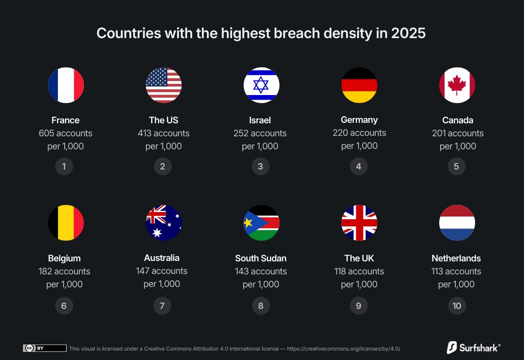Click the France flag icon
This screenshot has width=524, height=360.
click(66, 85)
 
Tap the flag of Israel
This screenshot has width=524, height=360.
click(262, 85)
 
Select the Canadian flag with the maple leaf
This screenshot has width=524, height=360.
click(457, 85)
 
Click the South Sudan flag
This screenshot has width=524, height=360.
click(262, 223)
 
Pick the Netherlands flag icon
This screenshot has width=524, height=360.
click(457, 223)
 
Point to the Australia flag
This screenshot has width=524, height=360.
click(164, 223)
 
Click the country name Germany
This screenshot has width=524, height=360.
click(359, 120)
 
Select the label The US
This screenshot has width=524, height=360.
click(163, 120)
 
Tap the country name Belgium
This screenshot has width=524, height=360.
click(64, 258)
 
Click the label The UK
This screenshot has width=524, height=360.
click(359, 258)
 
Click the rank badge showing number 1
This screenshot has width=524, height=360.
click(64, 166)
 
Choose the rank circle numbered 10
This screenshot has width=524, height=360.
click(457, 306)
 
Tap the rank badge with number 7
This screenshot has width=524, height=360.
click(162, 306)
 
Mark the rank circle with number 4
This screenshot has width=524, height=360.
click(358, 166)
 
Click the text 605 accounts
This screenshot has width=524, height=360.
click(65, 133)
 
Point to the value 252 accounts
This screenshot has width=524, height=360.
click(260, 133)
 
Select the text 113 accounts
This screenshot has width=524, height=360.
click(456, 271)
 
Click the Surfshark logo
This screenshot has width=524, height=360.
click(474, 347)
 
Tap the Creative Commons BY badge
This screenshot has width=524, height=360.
click(44, 348)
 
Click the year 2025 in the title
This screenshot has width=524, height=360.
click(408, 33)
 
